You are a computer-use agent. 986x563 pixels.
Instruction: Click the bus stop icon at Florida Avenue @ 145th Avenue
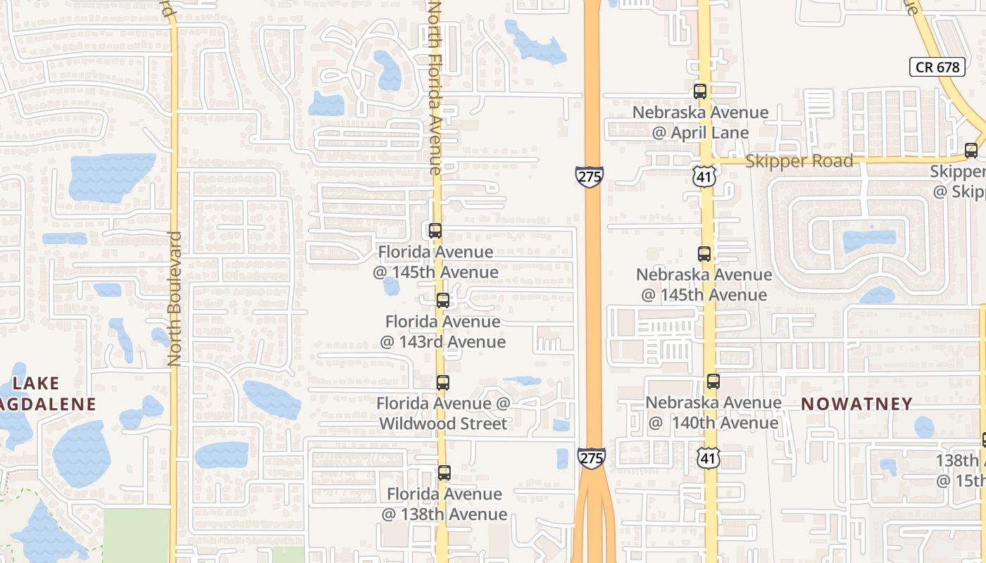435,231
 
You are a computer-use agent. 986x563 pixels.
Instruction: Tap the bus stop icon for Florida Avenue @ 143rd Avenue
443,301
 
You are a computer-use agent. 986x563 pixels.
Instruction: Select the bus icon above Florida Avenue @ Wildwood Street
442,383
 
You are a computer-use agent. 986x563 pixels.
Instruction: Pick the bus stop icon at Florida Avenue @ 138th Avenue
444,473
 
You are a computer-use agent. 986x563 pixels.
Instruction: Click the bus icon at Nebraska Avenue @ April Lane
700,91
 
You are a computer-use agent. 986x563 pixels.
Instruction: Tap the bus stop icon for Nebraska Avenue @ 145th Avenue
704,254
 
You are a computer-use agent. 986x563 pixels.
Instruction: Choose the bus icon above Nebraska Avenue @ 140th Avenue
713,381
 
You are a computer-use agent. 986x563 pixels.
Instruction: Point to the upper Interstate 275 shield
589,176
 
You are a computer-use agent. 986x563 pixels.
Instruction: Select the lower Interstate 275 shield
592,457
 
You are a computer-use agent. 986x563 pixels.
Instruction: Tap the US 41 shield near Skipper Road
704,176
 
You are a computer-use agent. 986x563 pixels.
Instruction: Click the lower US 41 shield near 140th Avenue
708,457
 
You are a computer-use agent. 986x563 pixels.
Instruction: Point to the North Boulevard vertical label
175,299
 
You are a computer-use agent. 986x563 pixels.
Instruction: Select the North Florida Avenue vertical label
435,88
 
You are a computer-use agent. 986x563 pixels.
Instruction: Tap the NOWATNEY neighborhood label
856,404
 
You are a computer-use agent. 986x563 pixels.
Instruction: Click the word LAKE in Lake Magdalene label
36,384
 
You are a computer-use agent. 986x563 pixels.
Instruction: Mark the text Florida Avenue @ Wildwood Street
443,414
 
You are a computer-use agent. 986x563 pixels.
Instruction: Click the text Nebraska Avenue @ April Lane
700,122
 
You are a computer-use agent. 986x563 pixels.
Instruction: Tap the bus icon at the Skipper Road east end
971,150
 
